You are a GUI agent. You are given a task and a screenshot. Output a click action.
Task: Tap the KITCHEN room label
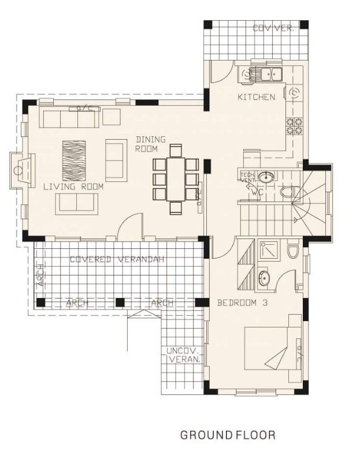pos(257,97)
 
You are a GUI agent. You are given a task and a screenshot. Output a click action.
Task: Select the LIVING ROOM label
pos(73,187)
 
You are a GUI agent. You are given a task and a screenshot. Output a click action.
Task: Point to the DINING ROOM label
pos(150,144)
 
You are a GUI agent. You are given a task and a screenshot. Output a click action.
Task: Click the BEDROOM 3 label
pos(242,303)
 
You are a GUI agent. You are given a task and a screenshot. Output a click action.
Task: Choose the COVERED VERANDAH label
pos(117,259)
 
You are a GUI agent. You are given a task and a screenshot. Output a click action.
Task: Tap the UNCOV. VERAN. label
pos(184,355)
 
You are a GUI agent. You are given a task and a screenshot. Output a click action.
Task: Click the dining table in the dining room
pos(176,180)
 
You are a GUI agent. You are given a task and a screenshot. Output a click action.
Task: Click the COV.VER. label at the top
pos(273,28)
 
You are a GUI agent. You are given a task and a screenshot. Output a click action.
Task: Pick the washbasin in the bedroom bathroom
pos(264,278)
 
